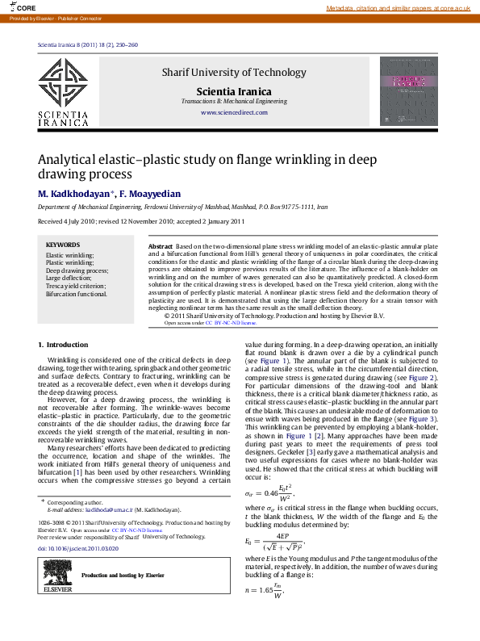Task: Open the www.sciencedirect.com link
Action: [233, 112]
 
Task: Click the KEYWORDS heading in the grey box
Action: [63, 245]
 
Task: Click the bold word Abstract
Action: [161, 245]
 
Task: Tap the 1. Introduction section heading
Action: [64, 346]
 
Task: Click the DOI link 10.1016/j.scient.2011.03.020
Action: [78, 548]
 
